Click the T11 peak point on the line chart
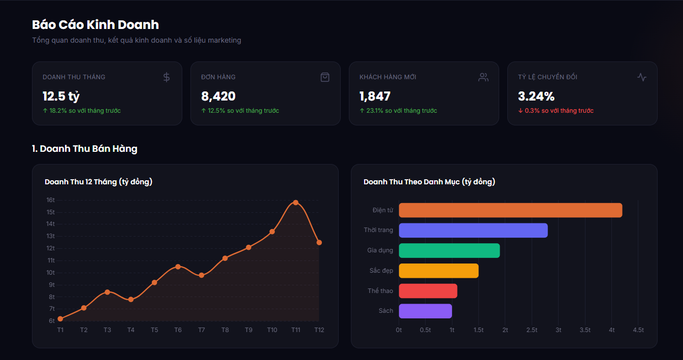pos(296,203)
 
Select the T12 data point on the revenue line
pos(319,243)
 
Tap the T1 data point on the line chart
pos(60,319)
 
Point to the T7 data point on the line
pos(202,275)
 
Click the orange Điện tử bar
pos(510,210)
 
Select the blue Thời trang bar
pos(473,231)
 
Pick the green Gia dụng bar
pos(449,250)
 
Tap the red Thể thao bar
pos(428,291)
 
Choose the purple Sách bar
pos(426,311)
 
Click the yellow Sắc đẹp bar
pos(439,271)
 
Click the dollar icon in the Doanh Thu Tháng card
pos(167,77)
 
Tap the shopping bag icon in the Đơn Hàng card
pos(325,77)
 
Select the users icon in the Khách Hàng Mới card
pos(483,77)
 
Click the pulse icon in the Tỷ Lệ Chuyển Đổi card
pos(642,77)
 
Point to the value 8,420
pos(218,96)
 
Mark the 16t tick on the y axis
pos(51,200)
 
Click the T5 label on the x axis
pos(154,330)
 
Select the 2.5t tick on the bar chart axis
pos(532,330)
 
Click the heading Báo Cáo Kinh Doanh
pos(95,25)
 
